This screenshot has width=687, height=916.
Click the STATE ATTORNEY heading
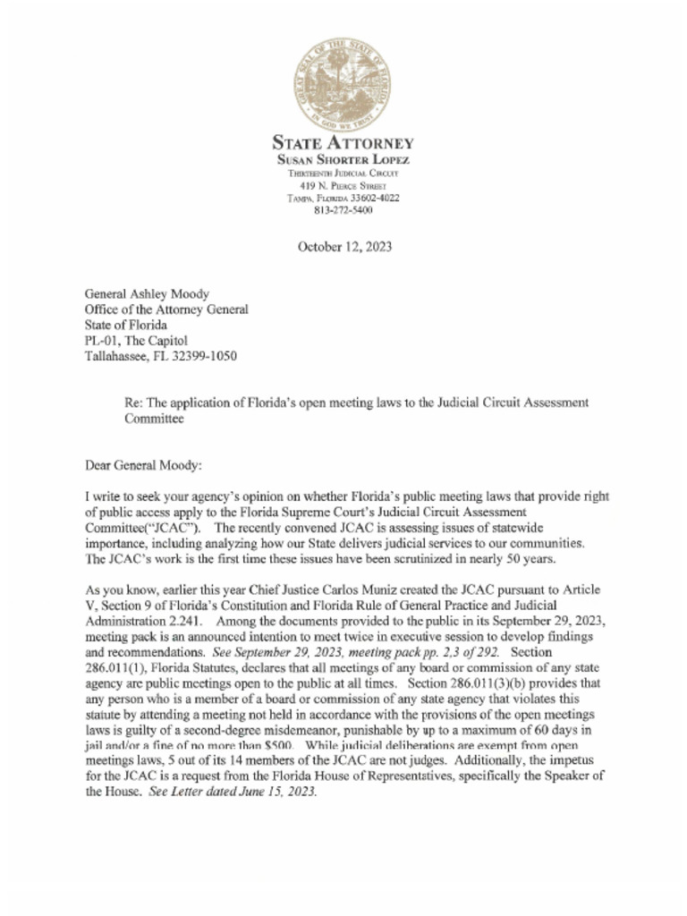pyautogui.click(x=343, y=143)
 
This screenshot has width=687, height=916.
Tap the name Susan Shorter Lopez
pyautogui.click(x=343, y=159)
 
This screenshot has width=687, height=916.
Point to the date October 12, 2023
pyautogui.click(x=343, y=246)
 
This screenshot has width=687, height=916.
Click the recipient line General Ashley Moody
pyautogui.click(x=148, y=293)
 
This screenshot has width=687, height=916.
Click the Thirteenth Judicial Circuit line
pyautogui.click(x=343, y=172)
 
